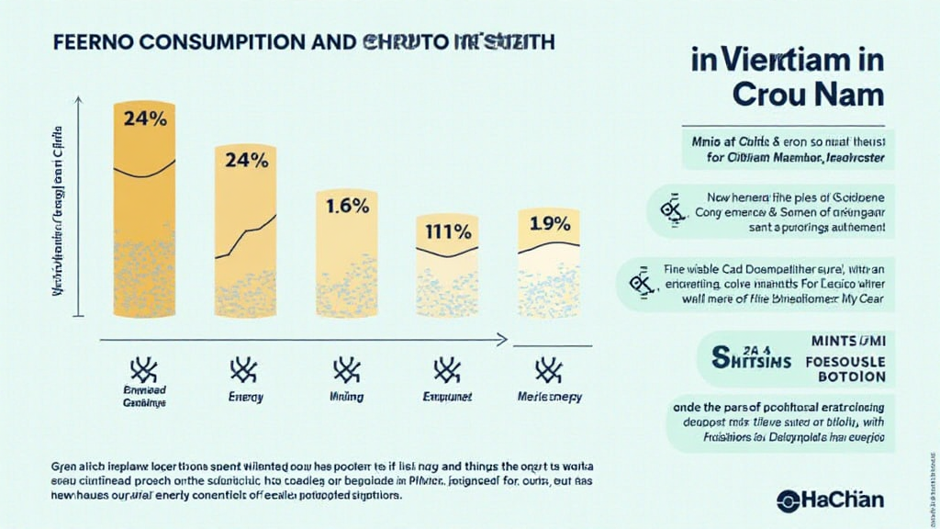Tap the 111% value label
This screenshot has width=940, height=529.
click(447, 231)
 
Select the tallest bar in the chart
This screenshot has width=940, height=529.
click(143, 211)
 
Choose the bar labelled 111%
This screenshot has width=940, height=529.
click(447, 276)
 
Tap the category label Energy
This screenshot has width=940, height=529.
click(245, 398)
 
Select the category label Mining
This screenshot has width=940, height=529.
click(346, 398)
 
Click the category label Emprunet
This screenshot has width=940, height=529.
click(447, 398)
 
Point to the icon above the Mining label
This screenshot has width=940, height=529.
click(346, 370)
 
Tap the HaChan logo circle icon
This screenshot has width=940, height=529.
click(788, 501)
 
